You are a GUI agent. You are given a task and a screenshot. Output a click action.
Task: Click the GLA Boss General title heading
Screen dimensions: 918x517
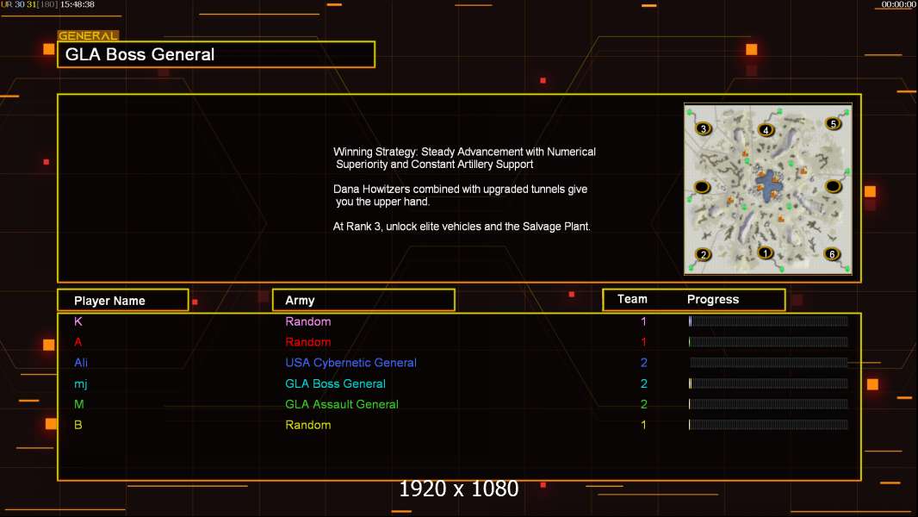[x=140, y=54]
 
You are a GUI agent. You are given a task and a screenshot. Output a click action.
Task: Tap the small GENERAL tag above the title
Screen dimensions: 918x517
[x=88, y=35]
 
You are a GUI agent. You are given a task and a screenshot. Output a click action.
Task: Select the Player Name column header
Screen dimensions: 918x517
[x=109, y=301]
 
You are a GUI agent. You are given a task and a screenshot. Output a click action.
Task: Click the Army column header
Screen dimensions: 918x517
[x=300, y=301]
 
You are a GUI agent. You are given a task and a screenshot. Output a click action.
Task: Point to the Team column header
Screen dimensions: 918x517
[x=632, y=299]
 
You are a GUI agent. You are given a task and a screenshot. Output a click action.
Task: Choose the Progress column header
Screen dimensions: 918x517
[x=713, y=299]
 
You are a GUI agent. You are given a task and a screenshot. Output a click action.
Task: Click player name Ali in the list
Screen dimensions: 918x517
[x=81, y=363]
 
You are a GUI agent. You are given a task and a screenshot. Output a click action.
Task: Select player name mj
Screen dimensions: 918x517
[x=81, y=384]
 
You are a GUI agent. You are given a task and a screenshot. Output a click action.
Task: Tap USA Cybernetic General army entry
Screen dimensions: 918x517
[x=350, y=363]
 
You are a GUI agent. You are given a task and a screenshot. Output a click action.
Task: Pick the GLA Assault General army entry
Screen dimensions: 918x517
[x=342, y=404]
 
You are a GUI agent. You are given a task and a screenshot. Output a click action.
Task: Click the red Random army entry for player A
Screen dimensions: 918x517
[x=308, y=342]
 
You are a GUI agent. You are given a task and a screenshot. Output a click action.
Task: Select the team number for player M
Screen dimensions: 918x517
[x=644, y=404]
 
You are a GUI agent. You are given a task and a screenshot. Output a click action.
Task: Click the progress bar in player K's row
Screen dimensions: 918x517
[x=768, y=321]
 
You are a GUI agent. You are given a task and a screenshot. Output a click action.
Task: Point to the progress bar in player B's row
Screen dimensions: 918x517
[x=768, y=425]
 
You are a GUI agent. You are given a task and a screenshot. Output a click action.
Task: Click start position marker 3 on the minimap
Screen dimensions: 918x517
[x=704, y=128]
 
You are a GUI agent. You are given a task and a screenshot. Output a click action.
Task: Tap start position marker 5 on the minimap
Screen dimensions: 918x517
[x=833, y=123]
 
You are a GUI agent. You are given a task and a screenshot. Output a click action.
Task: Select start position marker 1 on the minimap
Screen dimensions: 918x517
[x=766, y=253]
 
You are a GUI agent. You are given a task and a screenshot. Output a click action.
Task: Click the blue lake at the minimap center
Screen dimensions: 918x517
[x=768, y=186]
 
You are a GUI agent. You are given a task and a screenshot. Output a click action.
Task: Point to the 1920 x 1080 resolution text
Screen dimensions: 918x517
[x=459, y=489]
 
